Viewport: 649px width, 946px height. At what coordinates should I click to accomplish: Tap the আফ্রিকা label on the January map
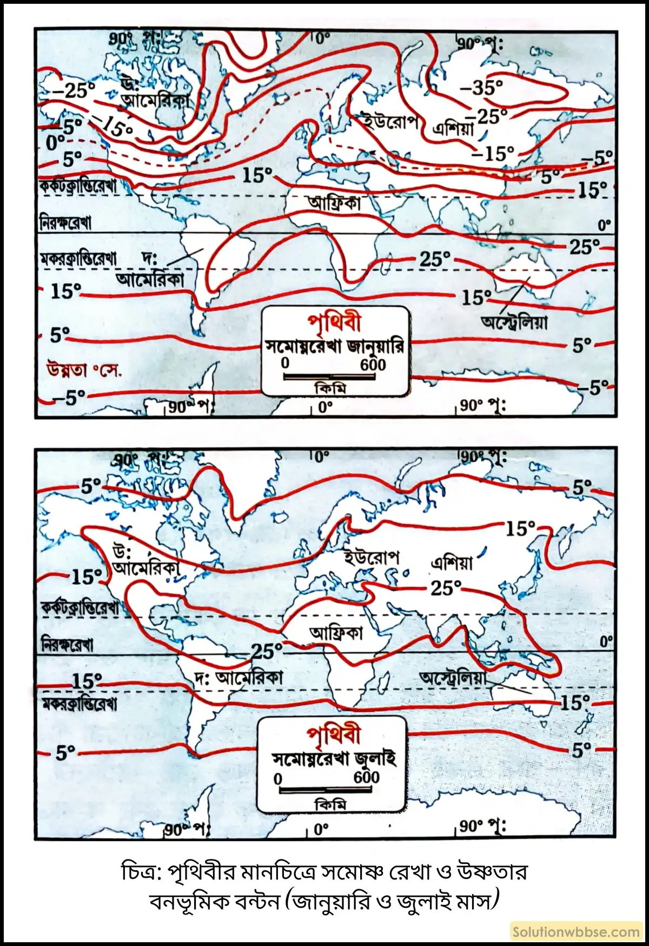[x=335, y=204]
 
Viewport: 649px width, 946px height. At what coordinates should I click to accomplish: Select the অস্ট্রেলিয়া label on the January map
[x=514, y=322]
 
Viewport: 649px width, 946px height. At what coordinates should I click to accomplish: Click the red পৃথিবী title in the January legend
[x=334, y=323]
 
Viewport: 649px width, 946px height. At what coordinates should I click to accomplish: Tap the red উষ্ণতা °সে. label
[x=84, y=371]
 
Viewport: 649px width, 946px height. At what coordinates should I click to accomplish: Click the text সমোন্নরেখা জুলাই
[x=334, y=758]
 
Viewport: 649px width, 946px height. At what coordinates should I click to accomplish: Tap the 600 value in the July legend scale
[x=366, y=777]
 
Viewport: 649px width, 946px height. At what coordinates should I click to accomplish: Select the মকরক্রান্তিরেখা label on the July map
[x=79, y=704]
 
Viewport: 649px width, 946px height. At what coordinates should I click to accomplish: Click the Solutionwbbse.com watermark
[x=576, y=931]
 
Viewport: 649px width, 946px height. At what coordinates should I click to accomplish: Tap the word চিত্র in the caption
[x=138, y=872]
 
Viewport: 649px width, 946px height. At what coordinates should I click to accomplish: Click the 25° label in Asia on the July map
[x=446, y=587]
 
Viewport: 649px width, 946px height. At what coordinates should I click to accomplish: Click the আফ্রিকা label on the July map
[x=336, y=632]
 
